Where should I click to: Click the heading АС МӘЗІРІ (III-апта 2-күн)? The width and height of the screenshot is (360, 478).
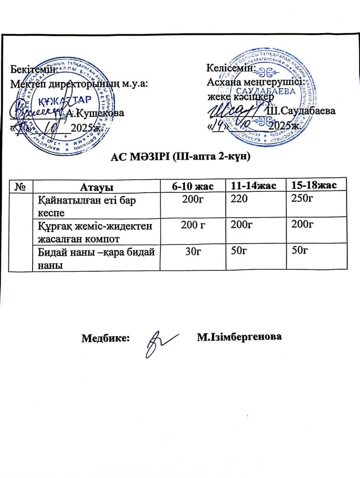(180, 157)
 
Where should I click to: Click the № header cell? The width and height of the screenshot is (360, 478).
(20, 187)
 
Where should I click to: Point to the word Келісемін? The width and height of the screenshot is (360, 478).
(230, 68)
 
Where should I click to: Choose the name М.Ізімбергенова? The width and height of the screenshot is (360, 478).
(240, 337)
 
